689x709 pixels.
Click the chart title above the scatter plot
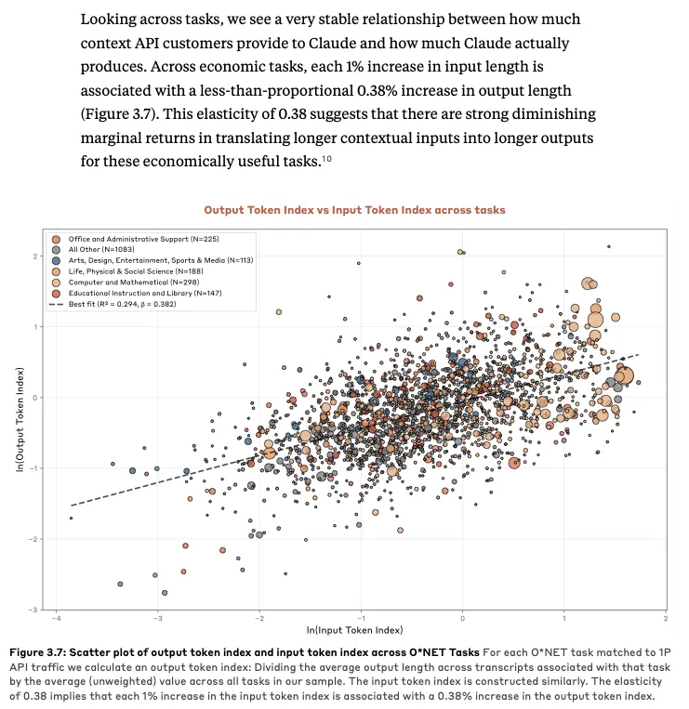tap(354, 210)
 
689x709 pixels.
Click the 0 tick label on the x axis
tap(462, 618)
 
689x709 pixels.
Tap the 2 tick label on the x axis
tap(666, 618)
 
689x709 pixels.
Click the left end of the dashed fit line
tap(73, 505)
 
